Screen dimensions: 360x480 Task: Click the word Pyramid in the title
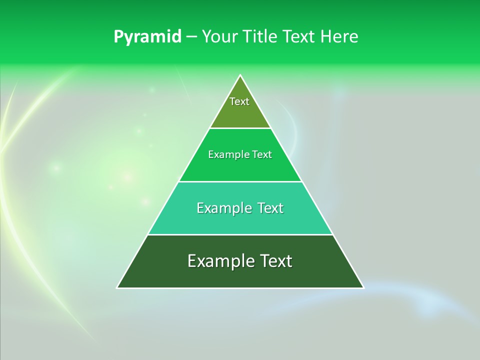(x=147, y=37)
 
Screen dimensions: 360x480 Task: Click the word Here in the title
(x=341, y=36)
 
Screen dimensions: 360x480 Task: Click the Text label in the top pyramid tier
(x=239, y=101)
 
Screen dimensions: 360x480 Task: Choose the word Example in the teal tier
(x=222, y=208)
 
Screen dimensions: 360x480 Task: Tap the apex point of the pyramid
(x=240, y=75)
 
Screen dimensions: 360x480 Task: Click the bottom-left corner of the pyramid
(x=117, y=287)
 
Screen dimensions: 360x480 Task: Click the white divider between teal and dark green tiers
(x=240, y=234)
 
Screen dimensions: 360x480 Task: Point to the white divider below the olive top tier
(x=240, y=128)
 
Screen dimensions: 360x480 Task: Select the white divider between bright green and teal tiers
(x=240, y=181)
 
